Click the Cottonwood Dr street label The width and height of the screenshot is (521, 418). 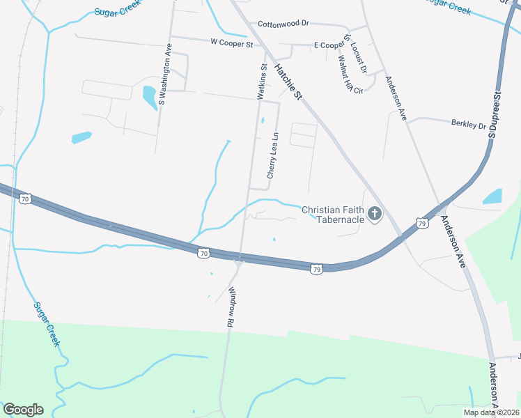(x=283, y=23)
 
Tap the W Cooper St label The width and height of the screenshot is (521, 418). (x=231, y=42)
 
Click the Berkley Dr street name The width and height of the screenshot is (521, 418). (x=468, y=125)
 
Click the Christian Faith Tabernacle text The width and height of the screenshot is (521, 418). (x=332, y=214)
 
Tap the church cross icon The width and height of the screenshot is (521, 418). (x=375, y=214)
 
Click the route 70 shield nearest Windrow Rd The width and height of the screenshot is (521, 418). (x=203, y=254)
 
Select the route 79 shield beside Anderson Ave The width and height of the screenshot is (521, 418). (x=421, y=223)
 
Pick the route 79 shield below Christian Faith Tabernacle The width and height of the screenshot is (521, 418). (x=316, y=269)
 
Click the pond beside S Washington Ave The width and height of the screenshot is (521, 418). (x=150, y=98)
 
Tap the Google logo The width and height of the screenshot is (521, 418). (x=23, y=410)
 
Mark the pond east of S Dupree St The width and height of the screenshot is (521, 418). (x=492, y=196)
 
